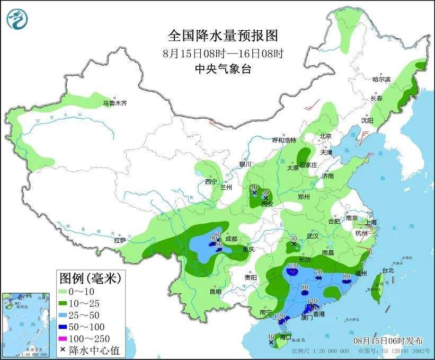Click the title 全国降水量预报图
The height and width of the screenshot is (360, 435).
223,36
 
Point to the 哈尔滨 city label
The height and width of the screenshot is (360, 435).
381,79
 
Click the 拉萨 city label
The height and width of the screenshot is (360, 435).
120,240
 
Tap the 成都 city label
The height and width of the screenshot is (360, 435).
232,239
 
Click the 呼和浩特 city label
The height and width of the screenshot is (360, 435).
285,140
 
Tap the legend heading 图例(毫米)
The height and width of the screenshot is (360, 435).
90,277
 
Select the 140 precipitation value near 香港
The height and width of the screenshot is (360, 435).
312,301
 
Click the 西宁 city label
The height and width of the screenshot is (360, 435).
211,182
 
